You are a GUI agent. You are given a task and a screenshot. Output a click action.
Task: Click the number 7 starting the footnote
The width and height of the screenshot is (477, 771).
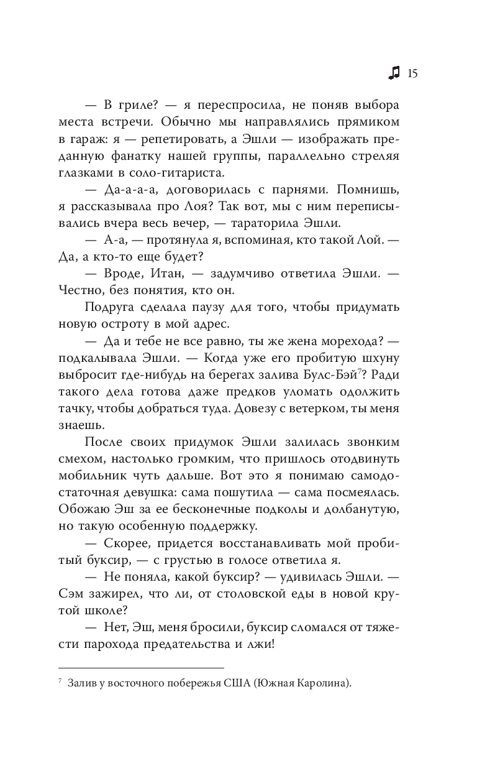pyautogui.click(x=58, y=683)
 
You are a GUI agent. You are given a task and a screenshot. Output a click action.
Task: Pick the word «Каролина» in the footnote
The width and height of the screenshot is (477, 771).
pyautogui.click(x=324, y=685)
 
